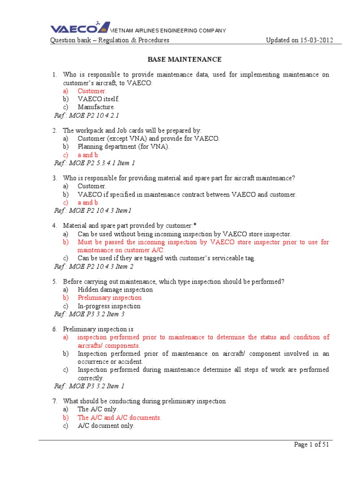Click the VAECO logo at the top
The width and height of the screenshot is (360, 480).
pyautogui.click(x=80, y=27)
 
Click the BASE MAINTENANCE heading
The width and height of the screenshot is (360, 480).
pyautogui.click(x=184, y=60)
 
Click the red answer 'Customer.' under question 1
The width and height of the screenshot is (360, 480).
pyautogui.click(x=92, y=91)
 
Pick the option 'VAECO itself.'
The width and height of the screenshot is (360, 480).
pyautogui.click(x=98, y=99)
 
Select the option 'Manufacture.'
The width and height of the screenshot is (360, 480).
pyautogui.click(x=96, y=107)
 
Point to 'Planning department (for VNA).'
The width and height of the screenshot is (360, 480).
pyautogui.click(x=123, y=147)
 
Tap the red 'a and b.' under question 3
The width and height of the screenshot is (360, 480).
pyautogui.click(x=89, y=202)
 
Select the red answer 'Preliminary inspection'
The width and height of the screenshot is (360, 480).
pyautogui.click(x=110, y=298)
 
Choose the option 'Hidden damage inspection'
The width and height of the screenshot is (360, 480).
pyautogui.click(x=115, y=290)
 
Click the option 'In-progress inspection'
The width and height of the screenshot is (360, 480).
pyautogui.click(x=109, y=306)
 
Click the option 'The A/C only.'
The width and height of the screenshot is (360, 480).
pyautogui.click(x=97, y=409)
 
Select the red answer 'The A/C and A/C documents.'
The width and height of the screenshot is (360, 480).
pyautogui.click(x=120, y=417)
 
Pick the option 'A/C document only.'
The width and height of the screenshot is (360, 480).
pyautogui.click(x=106, y=426)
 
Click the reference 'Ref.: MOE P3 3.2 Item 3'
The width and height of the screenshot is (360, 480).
pyautogui.click(x=89, y=314)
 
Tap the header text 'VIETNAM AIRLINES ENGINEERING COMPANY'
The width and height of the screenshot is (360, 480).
pyautogui.click(x=167, y=30)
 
